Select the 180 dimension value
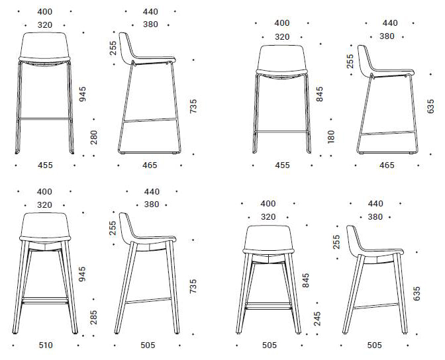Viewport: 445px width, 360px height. [x=331, y=136]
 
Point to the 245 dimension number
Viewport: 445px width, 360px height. [x=317, y=320]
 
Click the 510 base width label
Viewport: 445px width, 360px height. [x=45, y=345]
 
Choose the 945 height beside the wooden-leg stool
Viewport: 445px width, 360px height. [x=82, y=275]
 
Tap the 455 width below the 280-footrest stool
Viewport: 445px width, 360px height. [x=45, y=165]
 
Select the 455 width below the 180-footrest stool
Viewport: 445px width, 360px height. [x=282, y=165]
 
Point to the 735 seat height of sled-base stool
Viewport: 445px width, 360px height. [x=193, y=106]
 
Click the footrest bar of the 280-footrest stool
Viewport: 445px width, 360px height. [x=45, y=119]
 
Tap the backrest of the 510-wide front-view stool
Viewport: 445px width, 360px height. [x=45, y=225]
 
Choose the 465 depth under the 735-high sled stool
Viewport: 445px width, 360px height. [x=151, y=165]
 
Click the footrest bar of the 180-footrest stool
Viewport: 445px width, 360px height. [x=282, y=131]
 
